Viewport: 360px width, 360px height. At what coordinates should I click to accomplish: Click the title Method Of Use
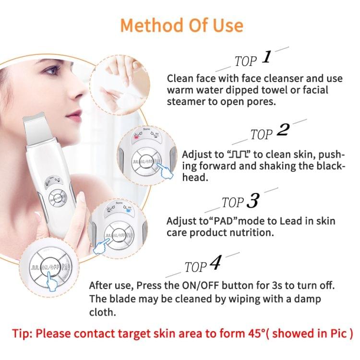181,24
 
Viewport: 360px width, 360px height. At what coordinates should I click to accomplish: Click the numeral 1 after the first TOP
267,58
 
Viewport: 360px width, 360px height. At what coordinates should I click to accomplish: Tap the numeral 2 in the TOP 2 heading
283,131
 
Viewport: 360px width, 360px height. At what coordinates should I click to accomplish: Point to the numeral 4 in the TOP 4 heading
216,264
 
